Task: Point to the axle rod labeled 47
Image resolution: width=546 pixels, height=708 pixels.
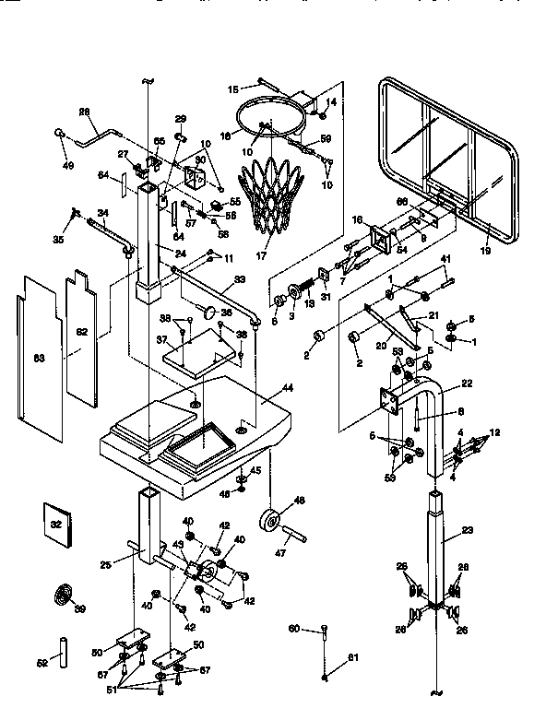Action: [294, 534]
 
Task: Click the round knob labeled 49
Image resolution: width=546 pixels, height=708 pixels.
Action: [61, 133]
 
